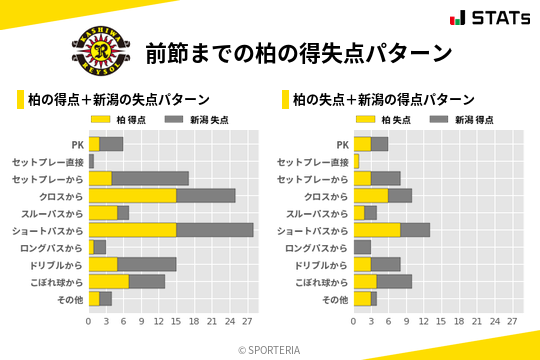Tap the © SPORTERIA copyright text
tap(270, 349)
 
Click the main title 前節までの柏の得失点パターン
tap(298, 52)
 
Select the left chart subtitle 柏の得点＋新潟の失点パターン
tap(118, 99)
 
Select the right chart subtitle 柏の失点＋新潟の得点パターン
tap(383, 99)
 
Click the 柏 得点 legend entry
tap(119, 119)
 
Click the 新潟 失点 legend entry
tap(196, 119)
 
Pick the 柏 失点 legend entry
tap(384, 119)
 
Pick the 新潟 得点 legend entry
tap(461, 119)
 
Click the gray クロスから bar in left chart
tap(206, 195)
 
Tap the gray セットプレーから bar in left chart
tap(150, 178)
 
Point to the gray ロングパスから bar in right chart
tap(362, 247)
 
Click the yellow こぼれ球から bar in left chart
tap(109, 281)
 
